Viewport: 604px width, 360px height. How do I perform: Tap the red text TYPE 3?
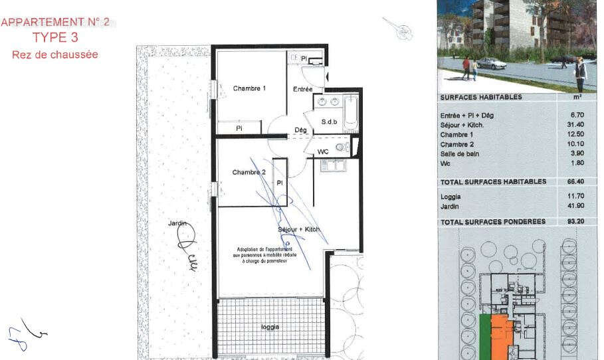click(x=55, y=38)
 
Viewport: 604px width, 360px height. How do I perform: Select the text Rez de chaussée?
click(x=55, y=54)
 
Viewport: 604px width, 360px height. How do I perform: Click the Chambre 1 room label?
click(x=249, y=88)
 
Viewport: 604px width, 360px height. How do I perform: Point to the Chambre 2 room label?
click(x=249, y=173)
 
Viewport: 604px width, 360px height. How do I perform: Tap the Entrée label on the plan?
click(x=302, y=89)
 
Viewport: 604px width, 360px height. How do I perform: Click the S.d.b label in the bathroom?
click(x=330, y=122)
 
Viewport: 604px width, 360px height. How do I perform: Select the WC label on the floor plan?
click(x=323, y=151)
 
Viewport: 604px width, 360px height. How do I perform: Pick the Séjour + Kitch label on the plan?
click(x=298, y=229)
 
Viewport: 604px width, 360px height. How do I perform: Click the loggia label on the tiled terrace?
click(x=270, y=327)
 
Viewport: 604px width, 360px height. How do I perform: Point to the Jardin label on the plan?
click(x=177, y=225)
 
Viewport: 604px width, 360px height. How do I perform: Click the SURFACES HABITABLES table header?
click(x=480, y=97)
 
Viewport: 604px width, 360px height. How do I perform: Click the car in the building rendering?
click(x=491, y=63)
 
